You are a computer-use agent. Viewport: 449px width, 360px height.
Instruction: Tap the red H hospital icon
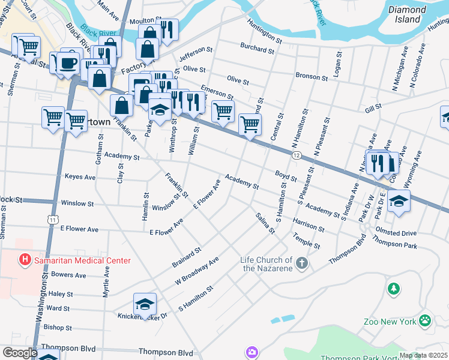coord(25,260)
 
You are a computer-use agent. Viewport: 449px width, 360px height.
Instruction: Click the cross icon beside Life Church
coord(302,263)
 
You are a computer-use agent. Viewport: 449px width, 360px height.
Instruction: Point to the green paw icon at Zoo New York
coord(426,320)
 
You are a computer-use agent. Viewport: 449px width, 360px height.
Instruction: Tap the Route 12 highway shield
coord(297,155)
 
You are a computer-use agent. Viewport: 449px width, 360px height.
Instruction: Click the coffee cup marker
coord(68,62)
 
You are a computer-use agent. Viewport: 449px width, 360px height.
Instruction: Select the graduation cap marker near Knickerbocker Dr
coord(145,305)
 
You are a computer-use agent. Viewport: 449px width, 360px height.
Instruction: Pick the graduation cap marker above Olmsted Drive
coord(398,202)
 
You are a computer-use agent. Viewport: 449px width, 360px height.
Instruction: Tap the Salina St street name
coord(264,224)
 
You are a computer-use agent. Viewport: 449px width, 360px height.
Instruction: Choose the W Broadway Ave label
coord(197,272)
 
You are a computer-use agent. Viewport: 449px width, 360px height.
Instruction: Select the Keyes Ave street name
coord(80,178)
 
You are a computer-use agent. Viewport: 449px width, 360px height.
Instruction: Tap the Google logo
coord(20,353)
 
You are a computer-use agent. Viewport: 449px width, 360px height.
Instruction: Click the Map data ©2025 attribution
coord(423,355)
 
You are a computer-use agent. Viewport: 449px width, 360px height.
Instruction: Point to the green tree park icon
coord(394,289)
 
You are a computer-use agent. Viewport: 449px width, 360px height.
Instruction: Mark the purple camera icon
coord(252,352)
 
